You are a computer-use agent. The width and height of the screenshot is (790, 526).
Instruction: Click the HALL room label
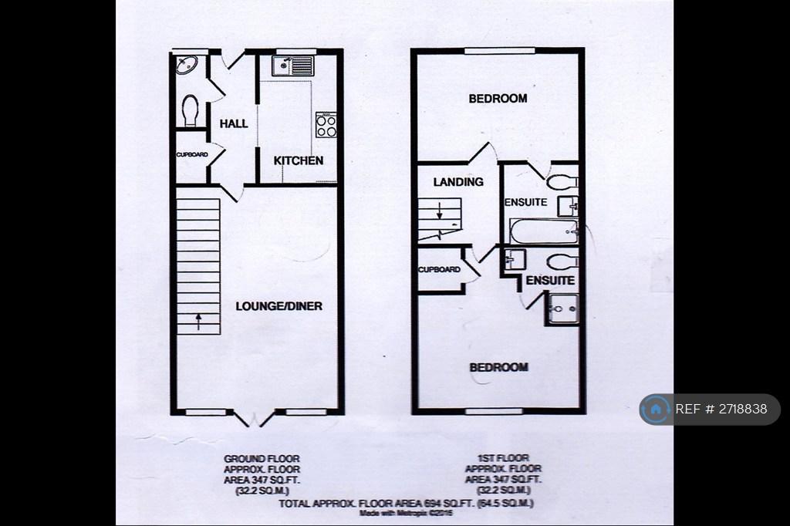[x=234, y=123]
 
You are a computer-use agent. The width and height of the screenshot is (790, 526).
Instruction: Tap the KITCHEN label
[x=299, y=160]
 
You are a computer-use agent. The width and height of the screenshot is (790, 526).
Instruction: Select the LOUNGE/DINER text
[x=279, y=306]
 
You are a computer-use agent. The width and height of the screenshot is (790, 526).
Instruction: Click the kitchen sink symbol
[x=292, y=66]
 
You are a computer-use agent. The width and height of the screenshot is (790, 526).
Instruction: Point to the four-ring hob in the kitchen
[x=326, y=125]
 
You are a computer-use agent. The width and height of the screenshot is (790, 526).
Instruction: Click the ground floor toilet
[x=190, y=110]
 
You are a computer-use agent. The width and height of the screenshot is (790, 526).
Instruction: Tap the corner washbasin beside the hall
[x=186, y=66]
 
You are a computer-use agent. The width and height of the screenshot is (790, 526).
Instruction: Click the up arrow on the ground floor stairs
[x=197, y=321]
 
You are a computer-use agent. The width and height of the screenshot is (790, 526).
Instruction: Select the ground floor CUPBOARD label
[x=192, y=154]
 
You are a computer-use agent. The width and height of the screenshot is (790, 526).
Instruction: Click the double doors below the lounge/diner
[x=254, y=420]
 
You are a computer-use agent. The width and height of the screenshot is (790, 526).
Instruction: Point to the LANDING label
[x=458, y=182]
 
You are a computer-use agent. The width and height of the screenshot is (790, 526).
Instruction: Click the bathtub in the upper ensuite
[x=543, y=231]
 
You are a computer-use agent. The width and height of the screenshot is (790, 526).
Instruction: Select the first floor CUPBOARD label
[x=439, y=270]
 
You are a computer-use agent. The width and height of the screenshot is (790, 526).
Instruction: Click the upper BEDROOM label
[x=498, y=98]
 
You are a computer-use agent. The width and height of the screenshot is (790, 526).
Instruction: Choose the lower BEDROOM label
[x=499, y=367]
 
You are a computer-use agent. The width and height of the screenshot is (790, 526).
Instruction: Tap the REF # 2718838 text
[x=721, y=409]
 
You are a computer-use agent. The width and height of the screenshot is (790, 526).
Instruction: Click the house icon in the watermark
[x=657, y=409]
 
